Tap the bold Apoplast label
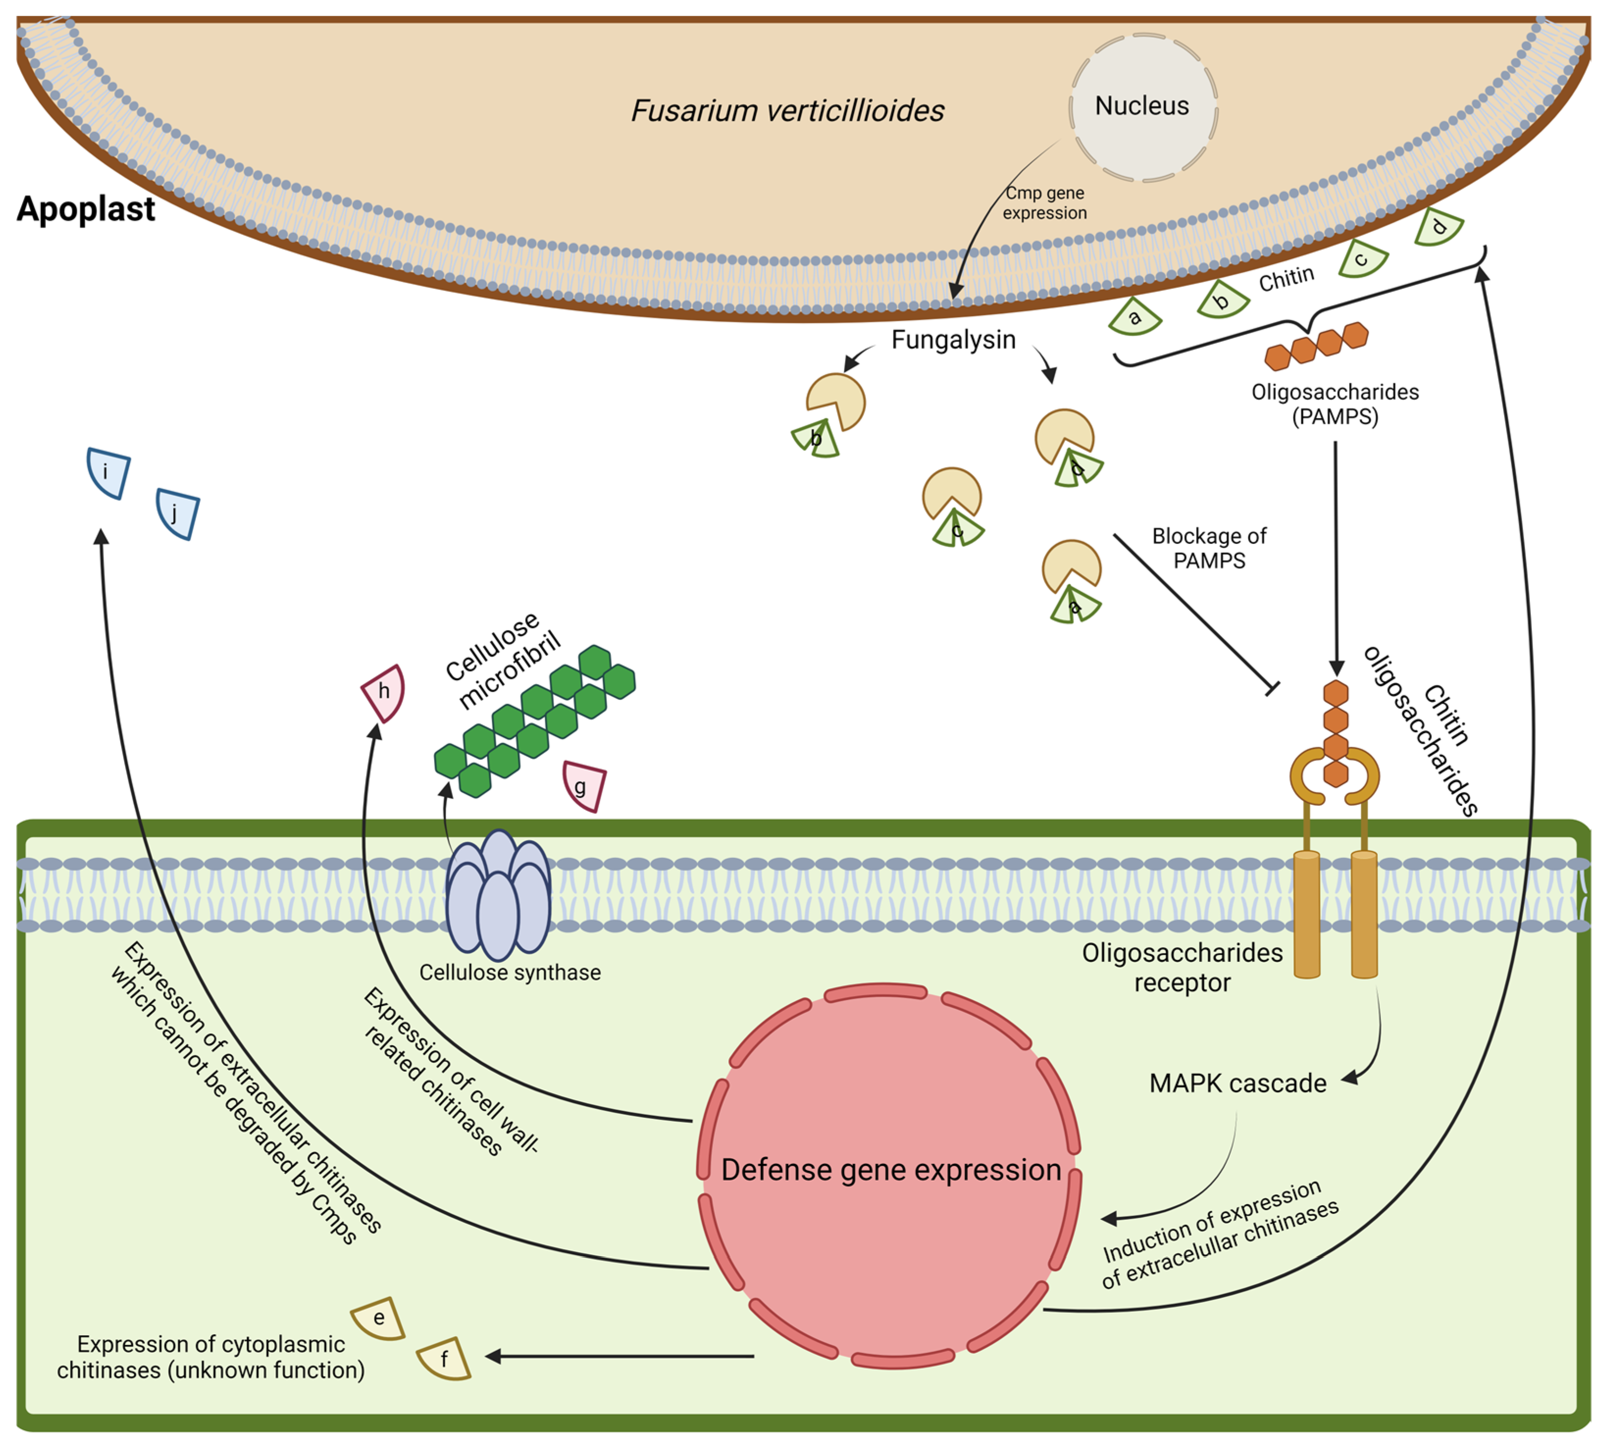click(86, 209)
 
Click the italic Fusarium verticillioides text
click(788, 110)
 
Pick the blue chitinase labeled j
click(177, 514)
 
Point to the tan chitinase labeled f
click(444, 1359)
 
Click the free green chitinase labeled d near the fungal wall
click(1438, 227)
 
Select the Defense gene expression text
click(891, 1169)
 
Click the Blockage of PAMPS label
click(1209, 548)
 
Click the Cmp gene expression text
click(1044, 203)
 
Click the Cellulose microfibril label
click(503, 659)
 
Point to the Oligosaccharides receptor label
click(1182, 967)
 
